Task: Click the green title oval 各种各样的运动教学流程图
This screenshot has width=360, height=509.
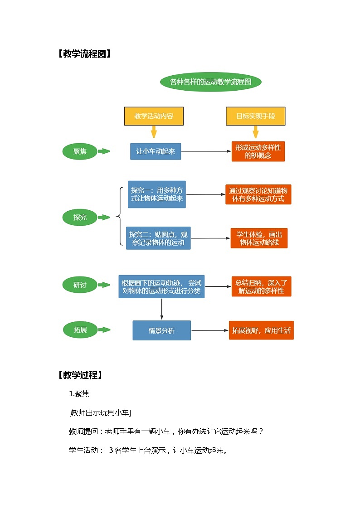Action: click(210, 82)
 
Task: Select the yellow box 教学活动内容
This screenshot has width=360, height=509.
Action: click(154, 116)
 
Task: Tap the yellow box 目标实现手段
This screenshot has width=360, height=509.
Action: click(255, 116)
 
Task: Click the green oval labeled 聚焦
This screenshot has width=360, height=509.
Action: click(80, 151)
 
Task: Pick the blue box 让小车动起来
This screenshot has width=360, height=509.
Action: click(156, 151)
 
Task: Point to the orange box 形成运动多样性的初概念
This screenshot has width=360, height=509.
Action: click(258, 151)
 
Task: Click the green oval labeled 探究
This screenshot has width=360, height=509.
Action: click(80, 218)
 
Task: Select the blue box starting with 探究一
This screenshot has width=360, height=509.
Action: click(156, 194)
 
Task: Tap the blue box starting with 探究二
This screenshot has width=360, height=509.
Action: click(158, 238)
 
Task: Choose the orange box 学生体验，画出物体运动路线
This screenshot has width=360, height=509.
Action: click(259, 238)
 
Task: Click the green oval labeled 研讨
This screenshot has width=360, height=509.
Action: click(80, 285)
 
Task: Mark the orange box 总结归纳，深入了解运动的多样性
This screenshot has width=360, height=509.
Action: click(261, 286)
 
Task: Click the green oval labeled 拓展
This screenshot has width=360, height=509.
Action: click(80, 330)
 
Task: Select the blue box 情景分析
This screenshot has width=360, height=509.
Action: click(161, 330)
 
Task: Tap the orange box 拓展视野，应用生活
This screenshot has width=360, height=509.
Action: click(261, 330)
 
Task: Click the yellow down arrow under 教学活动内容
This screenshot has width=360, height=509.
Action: click(154, 132)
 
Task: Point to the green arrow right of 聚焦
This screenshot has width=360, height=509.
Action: click(104, 151)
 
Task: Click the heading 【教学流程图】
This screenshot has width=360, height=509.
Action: click(84, 54)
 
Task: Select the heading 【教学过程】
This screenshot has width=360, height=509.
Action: click(80, 375)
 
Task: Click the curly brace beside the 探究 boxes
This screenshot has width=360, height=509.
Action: click(120, 217)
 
